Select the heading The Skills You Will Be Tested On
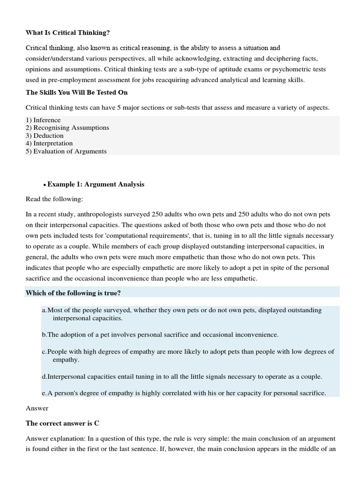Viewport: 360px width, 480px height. tap(76, 92)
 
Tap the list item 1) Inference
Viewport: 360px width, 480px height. tap(43, 120)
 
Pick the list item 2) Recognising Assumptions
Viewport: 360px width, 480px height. tap(67, 127)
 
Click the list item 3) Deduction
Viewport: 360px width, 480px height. tap(45, 135)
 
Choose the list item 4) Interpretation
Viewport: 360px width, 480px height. tap(49, 143)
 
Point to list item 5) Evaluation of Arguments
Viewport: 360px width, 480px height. tap(66, 151)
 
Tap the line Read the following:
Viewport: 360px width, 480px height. tap(54, 199)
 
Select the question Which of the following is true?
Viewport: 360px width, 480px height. tap(74, 293)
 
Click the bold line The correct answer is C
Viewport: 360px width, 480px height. tap(62, 423)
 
